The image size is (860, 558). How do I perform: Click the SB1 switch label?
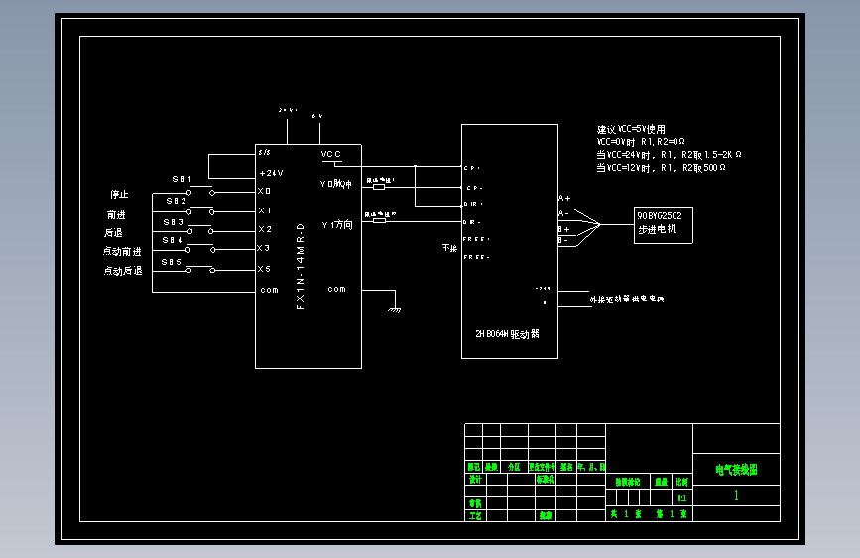click(x=183, y=179)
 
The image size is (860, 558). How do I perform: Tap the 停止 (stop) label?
click(x=119, y=194)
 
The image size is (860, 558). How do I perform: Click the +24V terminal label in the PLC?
click(x=271, y=173)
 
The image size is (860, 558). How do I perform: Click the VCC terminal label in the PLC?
click(x=331, y=155)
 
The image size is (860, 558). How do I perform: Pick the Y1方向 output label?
click(x=336, y=225)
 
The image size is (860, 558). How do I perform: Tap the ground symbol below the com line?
click(x=395, y=308)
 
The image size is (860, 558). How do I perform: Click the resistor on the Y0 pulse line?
click(x=378, y=185)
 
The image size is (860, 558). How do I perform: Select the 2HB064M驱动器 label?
click(x=507, y=334)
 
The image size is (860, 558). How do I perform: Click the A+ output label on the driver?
click(x=564, y=199)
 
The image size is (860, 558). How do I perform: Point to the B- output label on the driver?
click(x=562, y=240)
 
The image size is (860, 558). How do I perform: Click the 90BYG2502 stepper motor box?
click(x=663, y=225)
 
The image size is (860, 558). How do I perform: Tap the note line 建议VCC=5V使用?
click(x=631, y=130)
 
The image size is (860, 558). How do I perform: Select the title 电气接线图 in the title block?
click(x=736, y=470)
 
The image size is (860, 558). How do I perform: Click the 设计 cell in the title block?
click(x=475, y=479)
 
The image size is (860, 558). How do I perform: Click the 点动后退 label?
click(x=123, y=270)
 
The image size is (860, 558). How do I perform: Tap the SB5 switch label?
click(x=173, y=263)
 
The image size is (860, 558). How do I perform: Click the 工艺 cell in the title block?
click(x=475, y=515)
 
